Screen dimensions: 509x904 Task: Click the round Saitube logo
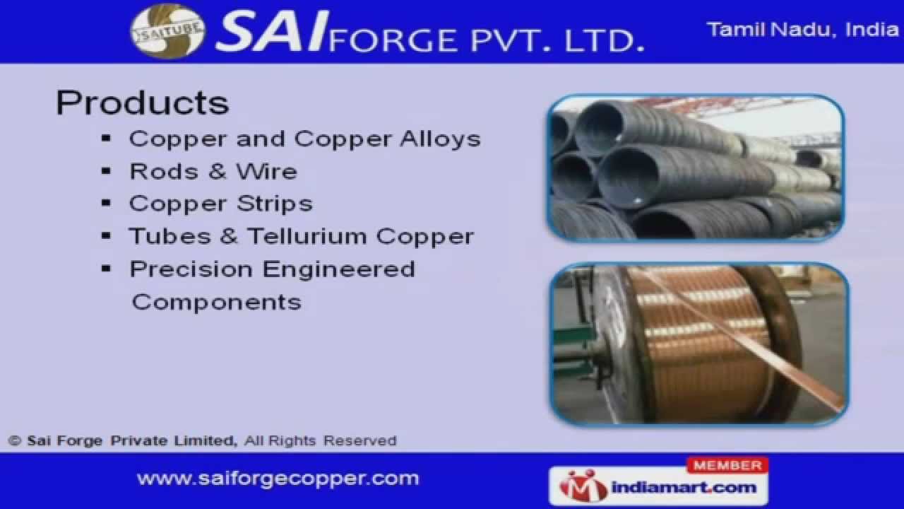pyautogui.click(x=167, y=31)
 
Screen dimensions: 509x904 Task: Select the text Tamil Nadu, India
pyautogui.click(x=802, y=30)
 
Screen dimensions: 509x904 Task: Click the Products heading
pyautogui.click(x=143, y=103)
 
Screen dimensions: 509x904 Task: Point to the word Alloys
pyautogui.click(x=440, y=139)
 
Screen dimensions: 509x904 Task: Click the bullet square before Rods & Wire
pyautogui.click(x=107, y=171)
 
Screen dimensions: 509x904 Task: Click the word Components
pyautogui.click(x=216, y=302)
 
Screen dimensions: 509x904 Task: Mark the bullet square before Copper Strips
pyautogui.click(x=107, y=204)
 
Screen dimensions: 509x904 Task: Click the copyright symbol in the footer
pyautogui.click(x=15, y=440)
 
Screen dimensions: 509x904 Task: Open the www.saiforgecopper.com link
pyautogui.click(x=278, y=479)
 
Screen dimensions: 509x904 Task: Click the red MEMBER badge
pyautogui.click(x=727, y=465)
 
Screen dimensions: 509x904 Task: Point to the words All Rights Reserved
pyautogui.click(x=320, y=440)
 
